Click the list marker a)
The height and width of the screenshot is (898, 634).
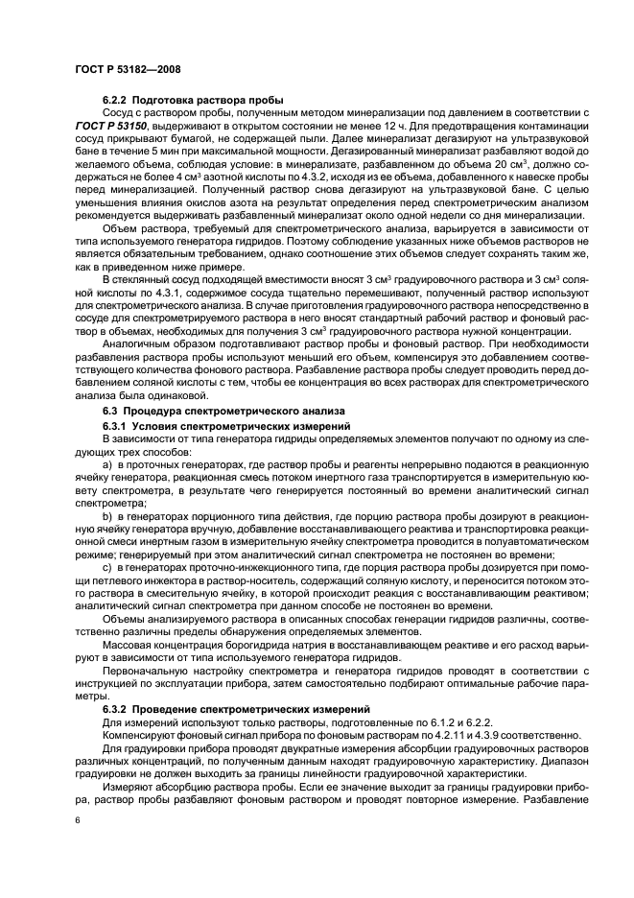[107, 463]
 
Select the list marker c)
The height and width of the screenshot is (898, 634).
[107, 569]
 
